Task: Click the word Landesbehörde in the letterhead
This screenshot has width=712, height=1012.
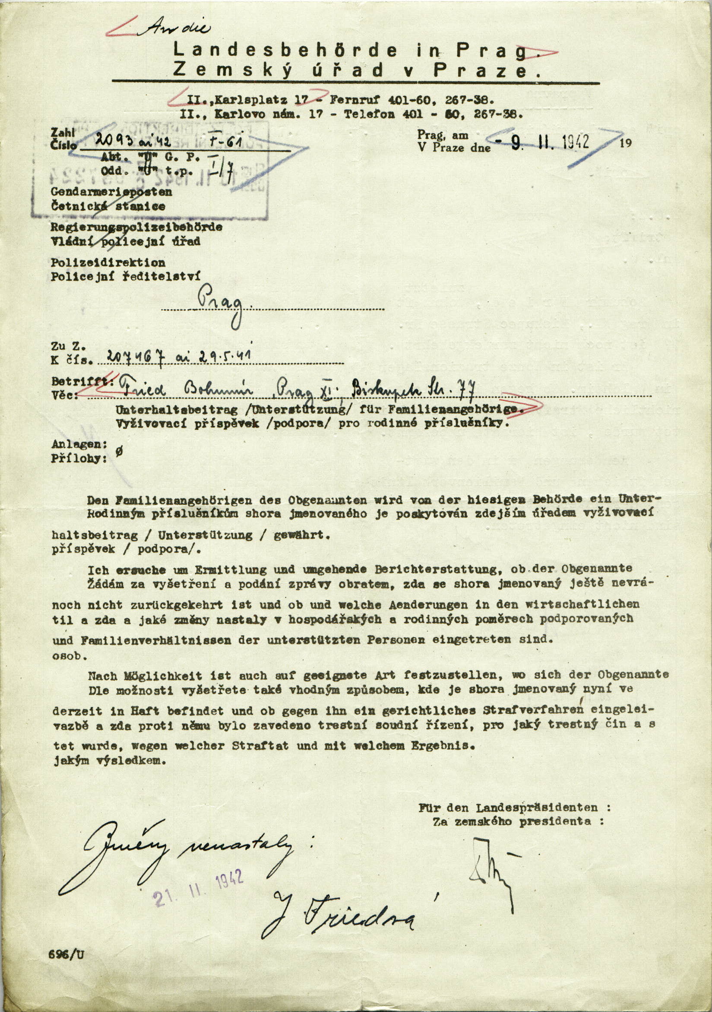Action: coord(285,50)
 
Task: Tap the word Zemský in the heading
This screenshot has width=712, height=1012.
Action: coord(233,70)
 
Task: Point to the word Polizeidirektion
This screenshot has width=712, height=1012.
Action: coord(108,263)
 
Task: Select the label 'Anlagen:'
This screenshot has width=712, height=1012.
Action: coord(79,444)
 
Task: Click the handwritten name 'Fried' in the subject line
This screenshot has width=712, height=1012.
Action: coord(143,390)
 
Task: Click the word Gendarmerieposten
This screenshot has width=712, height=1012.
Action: coord(111,192)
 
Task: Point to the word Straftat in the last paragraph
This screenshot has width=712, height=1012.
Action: coord(260,746)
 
